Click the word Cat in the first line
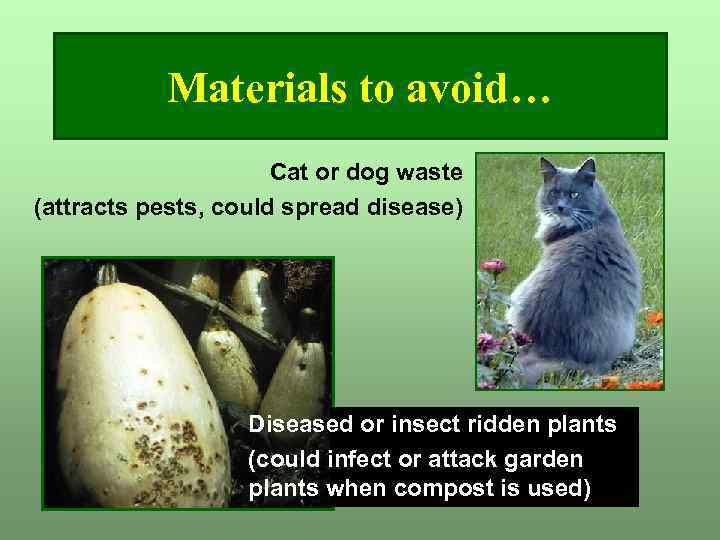click(x=288, y=172)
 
